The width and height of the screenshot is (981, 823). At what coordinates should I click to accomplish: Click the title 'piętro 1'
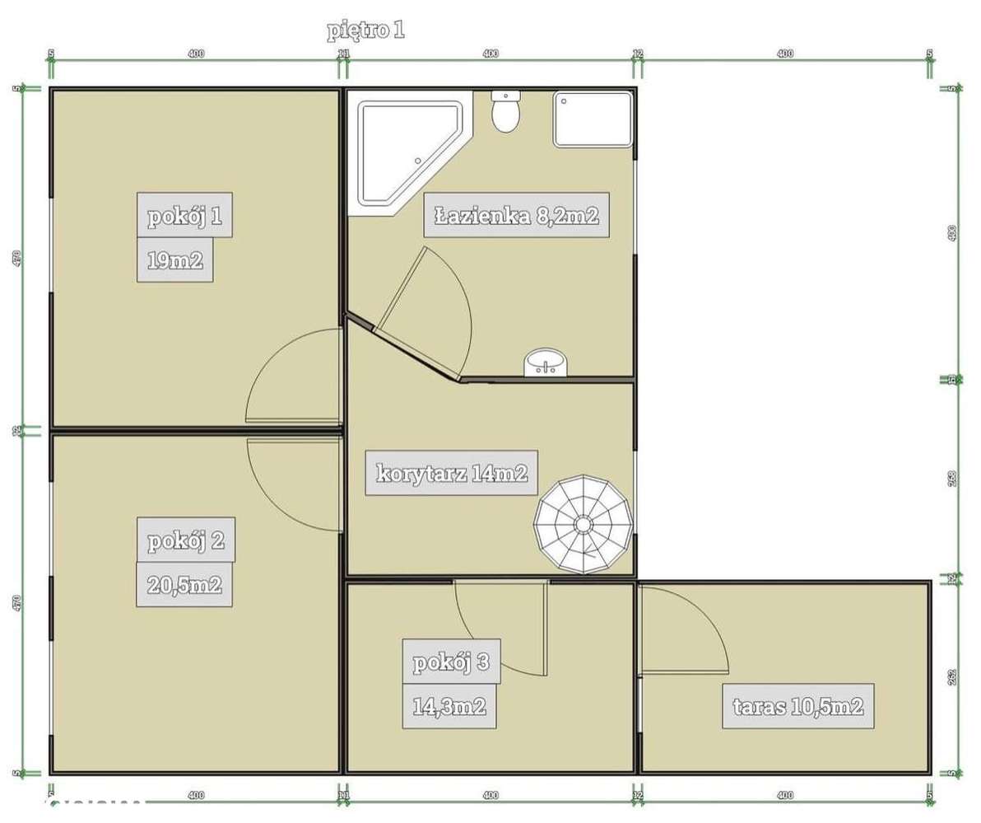(x=365, y=31)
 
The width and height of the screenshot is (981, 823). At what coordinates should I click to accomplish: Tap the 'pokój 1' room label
(x=185, y=217)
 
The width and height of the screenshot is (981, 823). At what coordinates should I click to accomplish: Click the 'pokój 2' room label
(x=185, y=541)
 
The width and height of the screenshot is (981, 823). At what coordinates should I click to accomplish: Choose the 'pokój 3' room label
(x=451, y=661)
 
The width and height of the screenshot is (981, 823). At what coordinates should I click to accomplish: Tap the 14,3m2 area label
(x=449, y=706)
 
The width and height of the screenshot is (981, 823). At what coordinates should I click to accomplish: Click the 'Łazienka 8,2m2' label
(x=516, y=217)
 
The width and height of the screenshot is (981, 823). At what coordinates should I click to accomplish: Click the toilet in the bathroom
(x=504, y=112)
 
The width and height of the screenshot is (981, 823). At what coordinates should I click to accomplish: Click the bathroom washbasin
(x=545, y=362)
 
